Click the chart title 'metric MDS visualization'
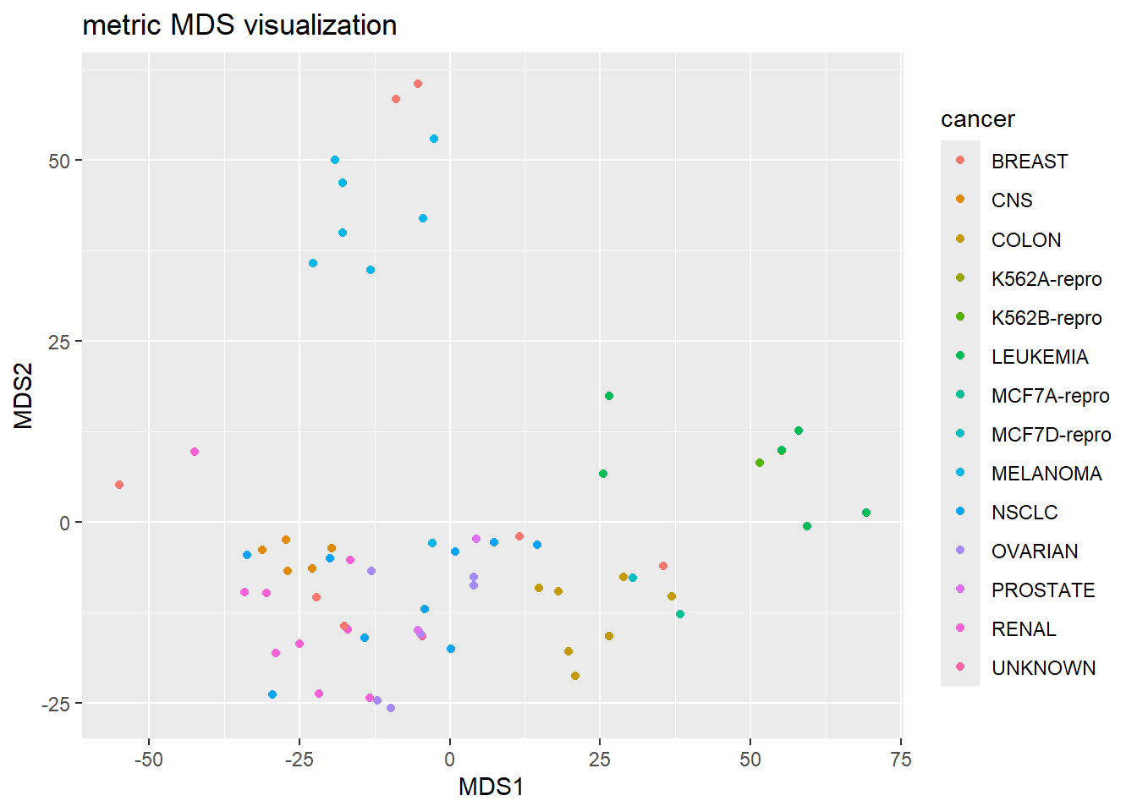click(x=239, y=25)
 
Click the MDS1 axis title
click(x=491, y=787)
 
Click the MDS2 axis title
click(x=24, y=396)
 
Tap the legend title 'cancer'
click(x=977, y=119)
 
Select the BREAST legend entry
click(x=1029, y=162)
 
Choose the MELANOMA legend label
click(x=1046, y=474)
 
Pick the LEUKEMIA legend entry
click(x=1039, y=357)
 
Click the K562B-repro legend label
click(x=1046, y=318)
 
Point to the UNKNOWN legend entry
click(x=1042, y=668)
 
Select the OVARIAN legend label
click(x=1034, y=551)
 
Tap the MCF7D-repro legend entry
click(x=1051, y=435)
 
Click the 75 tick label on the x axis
click(x=901, y=760)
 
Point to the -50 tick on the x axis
click(x=149, y=760)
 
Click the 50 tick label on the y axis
click(x=59, y=161)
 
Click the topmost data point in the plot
click(x=418, y=84)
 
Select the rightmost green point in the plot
click(x=866, y=513)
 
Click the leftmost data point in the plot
click(x=119, y=485)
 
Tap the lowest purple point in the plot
click(x=391, y=708)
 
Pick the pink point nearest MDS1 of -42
click(x=195, y=452)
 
